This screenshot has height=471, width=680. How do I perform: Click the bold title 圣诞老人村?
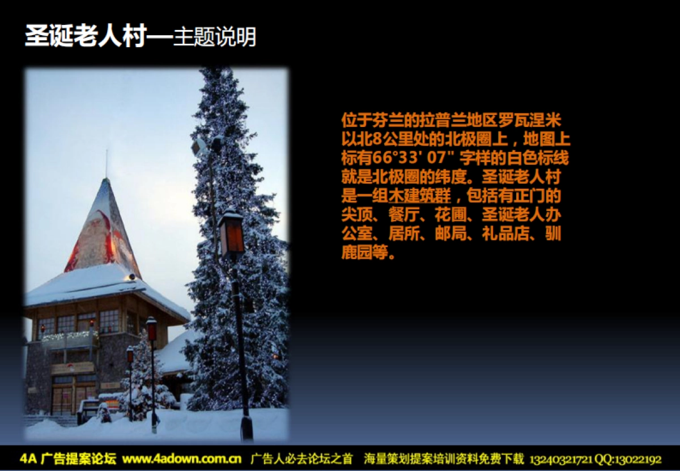(86, 36)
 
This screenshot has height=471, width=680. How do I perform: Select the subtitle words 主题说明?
(215, 37)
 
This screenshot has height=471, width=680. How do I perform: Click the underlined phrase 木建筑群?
(420, 196)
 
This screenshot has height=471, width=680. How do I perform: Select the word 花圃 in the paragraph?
(450, 215)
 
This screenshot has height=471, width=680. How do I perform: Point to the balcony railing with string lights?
(69, 340)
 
